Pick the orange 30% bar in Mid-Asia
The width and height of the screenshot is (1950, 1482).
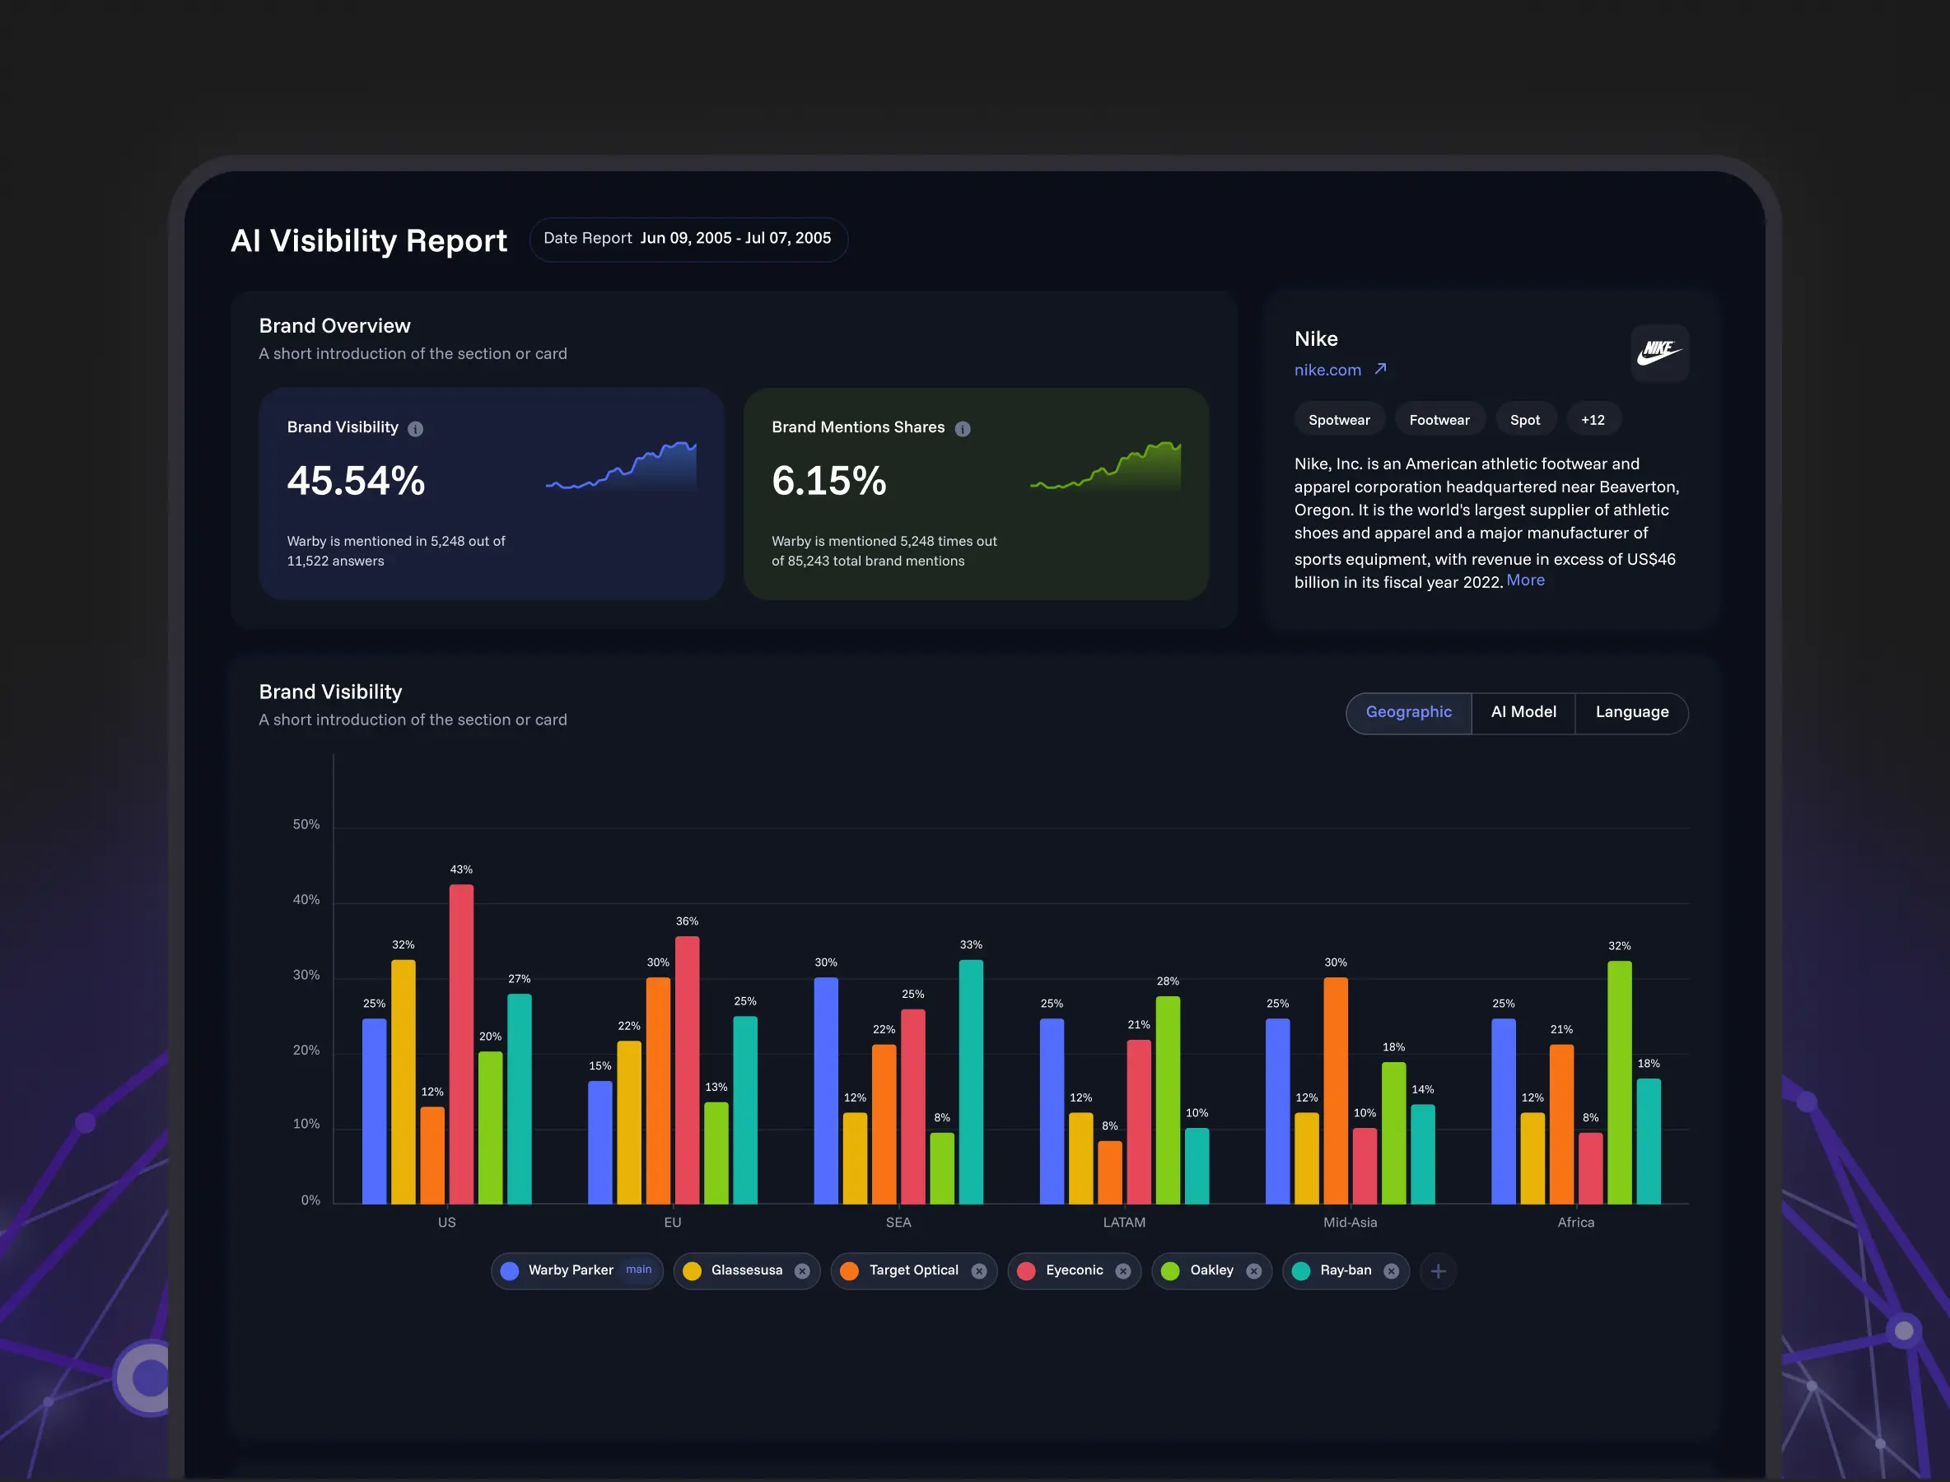tap(1335, 1090)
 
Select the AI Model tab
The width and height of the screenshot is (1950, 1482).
tap(1523, 712)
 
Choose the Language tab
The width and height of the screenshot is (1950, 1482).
tap(1631, 712)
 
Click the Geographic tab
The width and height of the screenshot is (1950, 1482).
tap(1408, 712)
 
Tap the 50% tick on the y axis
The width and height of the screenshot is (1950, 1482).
tap(306, 824)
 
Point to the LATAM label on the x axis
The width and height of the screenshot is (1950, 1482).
tap(1124, 1222)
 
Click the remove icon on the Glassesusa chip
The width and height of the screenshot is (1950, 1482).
tap(802, 1271)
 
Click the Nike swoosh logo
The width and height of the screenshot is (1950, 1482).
tap(1659, 352)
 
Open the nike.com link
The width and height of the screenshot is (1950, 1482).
tap(1328, 370)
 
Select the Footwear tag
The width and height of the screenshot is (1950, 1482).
tap(1439, 420)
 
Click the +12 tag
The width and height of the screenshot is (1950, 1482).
tap(1593, 420)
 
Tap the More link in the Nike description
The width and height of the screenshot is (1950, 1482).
tap(1526, 580)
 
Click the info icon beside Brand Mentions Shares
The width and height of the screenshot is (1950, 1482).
tap(963, 429)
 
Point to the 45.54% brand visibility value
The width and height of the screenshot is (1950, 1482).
tap(357, 481)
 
